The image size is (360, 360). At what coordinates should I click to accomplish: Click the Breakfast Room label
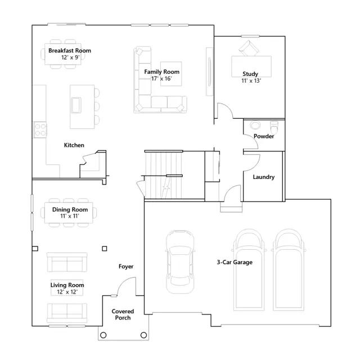(70, 51)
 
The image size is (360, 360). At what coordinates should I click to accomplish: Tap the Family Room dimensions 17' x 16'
(161, 79)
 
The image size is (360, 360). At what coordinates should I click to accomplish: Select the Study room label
(250, 74)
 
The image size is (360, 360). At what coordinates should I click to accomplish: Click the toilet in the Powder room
(274, 127)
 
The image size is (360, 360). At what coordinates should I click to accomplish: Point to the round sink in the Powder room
(255, 125)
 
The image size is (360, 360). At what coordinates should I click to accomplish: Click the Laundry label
(264, 177)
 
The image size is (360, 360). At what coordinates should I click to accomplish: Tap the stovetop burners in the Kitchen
(40, 130)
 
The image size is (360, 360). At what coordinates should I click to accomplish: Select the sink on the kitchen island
(76, 105)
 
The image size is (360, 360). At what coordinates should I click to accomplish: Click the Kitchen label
(74, 145)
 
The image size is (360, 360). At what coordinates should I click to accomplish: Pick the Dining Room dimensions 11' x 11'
(70, 216)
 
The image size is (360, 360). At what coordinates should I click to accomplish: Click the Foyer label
(126, 266)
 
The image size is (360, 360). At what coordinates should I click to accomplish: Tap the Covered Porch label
(123, 314)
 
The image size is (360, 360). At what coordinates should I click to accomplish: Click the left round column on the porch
(103, 335)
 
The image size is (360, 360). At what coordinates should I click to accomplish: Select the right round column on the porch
(144, 335)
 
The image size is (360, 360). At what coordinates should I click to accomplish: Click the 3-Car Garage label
(235, 262)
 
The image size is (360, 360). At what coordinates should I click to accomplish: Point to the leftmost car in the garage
(180, 262)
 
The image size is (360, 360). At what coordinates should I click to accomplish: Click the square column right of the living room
(105, 249)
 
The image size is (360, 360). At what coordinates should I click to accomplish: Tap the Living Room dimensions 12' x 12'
(67, 292)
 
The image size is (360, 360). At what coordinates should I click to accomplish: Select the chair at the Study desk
(249, 48)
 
